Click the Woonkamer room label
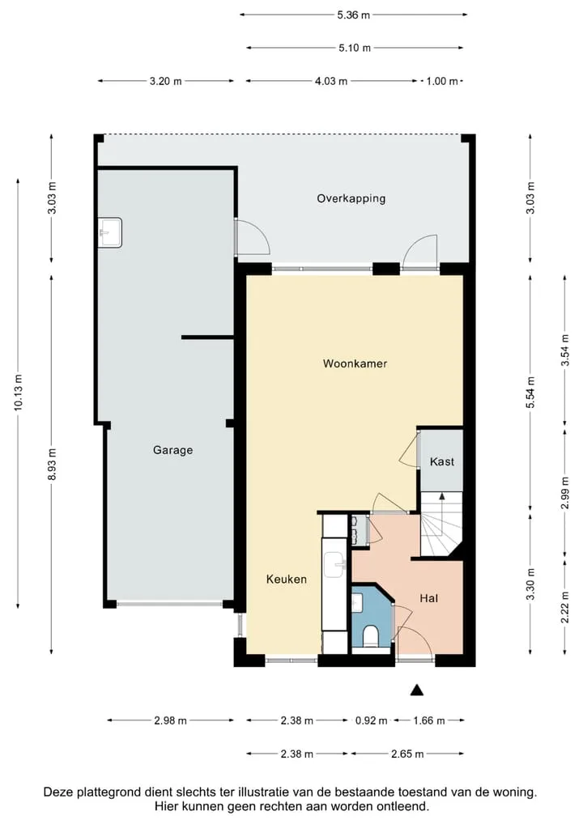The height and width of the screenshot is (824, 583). [355, 363]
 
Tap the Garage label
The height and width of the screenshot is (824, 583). [173, 450]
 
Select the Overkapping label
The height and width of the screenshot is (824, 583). [351, 198]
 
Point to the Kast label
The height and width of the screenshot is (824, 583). [441, 461]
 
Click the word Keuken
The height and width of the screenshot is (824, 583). [287, 579]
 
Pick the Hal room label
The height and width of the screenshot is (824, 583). [429, 598]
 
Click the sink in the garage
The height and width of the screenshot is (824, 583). [110, 232]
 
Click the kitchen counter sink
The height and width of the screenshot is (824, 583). [335, 564]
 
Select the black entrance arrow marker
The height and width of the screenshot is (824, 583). [417, 690]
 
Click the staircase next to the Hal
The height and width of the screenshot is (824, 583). [441, 524]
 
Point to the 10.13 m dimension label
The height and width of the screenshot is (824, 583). [19, 393]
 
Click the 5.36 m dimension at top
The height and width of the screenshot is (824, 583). [354, 15]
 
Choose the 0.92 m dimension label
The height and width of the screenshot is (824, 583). [371, 720]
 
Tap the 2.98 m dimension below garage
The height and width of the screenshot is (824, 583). [170, 720]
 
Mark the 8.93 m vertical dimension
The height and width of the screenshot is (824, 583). [52, 465]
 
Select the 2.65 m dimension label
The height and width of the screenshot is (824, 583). [407, 754]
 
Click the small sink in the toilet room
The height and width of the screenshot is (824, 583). [357, 603]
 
